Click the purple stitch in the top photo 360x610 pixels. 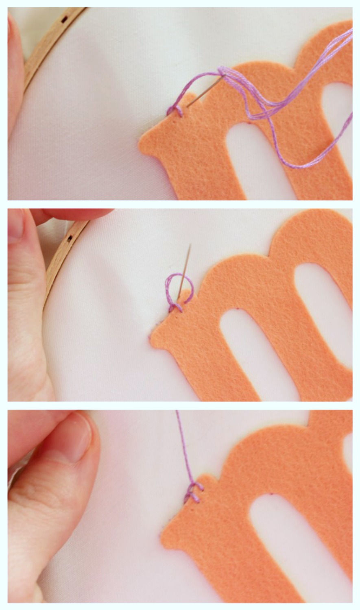point(174,111)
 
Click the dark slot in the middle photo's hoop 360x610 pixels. point(70,238)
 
